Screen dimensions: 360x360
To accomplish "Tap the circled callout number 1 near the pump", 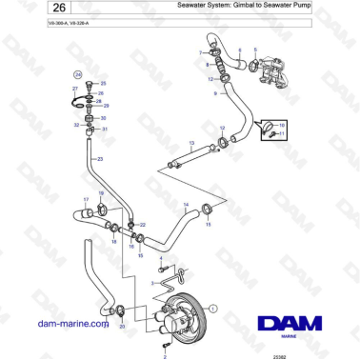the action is click(x=214, y=309).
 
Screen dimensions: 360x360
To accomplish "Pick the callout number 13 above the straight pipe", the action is click(x=190, y=143).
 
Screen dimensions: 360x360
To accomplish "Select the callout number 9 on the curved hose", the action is click(x=215, y=94).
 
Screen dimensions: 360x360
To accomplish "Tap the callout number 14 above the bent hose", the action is click(x=185, y=205).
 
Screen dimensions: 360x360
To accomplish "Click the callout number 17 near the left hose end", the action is click(x=85, y=200).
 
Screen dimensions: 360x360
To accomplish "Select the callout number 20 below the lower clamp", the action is click(x=121, y=326).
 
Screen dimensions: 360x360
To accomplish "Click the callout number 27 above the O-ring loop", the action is click(x=74, y=88).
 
